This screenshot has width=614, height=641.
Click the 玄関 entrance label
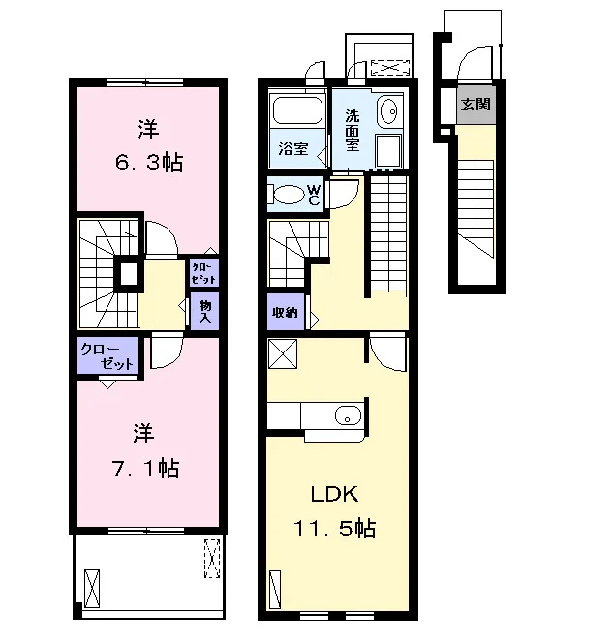(x=476, y=105)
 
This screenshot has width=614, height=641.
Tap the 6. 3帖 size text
(x=149, y=163)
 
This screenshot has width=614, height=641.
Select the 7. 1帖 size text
(x=146, y=469)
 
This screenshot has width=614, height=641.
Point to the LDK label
(x=335, y=494)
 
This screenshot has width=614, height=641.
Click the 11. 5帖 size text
(x=335, y=528)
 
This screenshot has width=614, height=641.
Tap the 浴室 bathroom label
(x=293, y=148)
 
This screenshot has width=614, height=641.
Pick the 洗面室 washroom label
(x=352, y=131)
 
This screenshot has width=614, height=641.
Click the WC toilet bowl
(x=288, y=195)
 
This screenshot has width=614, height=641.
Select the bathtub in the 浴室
(x=297, y=110)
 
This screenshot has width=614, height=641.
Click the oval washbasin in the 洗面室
(x=389, y=110)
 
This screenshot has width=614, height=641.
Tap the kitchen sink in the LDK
(x=348, y=416)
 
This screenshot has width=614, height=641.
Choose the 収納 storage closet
(x=286, y=312)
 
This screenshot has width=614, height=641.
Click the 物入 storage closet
(x=204, y=312)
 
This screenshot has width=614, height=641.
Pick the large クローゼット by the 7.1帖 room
(x=107, y=355)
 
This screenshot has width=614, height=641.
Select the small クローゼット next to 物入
(x=204, y=273)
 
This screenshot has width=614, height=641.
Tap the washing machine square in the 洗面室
(x=388, y=150)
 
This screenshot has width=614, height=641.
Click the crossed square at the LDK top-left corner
(x=283, y=353)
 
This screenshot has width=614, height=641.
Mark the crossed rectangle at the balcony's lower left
(x=92, y=589)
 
